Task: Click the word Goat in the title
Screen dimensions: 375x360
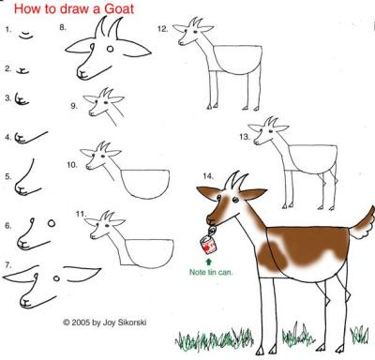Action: tap(119, 8)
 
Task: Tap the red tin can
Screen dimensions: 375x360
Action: tap(209, 245)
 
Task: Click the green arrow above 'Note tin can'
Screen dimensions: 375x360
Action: tap(209, 261)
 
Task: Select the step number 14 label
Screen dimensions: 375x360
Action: tap(208, 176)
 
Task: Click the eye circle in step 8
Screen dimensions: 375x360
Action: tap(110, 49)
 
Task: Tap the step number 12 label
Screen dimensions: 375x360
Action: tap(163, 29)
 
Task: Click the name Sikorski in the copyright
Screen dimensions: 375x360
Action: tap(132, 322)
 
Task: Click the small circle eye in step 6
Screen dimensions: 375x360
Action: tap(52, 223)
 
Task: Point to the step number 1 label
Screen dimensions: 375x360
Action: tap(8, 30)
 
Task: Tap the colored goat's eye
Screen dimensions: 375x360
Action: tap(235, 200)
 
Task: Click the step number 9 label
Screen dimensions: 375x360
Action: tap(74, 106)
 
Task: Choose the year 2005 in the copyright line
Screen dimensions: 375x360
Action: tap(81, 322)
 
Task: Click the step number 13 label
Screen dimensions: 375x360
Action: tap(245, 137)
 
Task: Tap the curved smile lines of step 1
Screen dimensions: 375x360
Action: tap(26, 35)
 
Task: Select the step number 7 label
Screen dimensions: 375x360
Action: tap(8, 265)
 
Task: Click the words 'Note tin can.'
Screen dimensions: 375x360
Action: tap(211, 272)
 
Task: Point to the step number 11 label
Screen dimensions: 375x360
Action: tap(81, 214)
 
